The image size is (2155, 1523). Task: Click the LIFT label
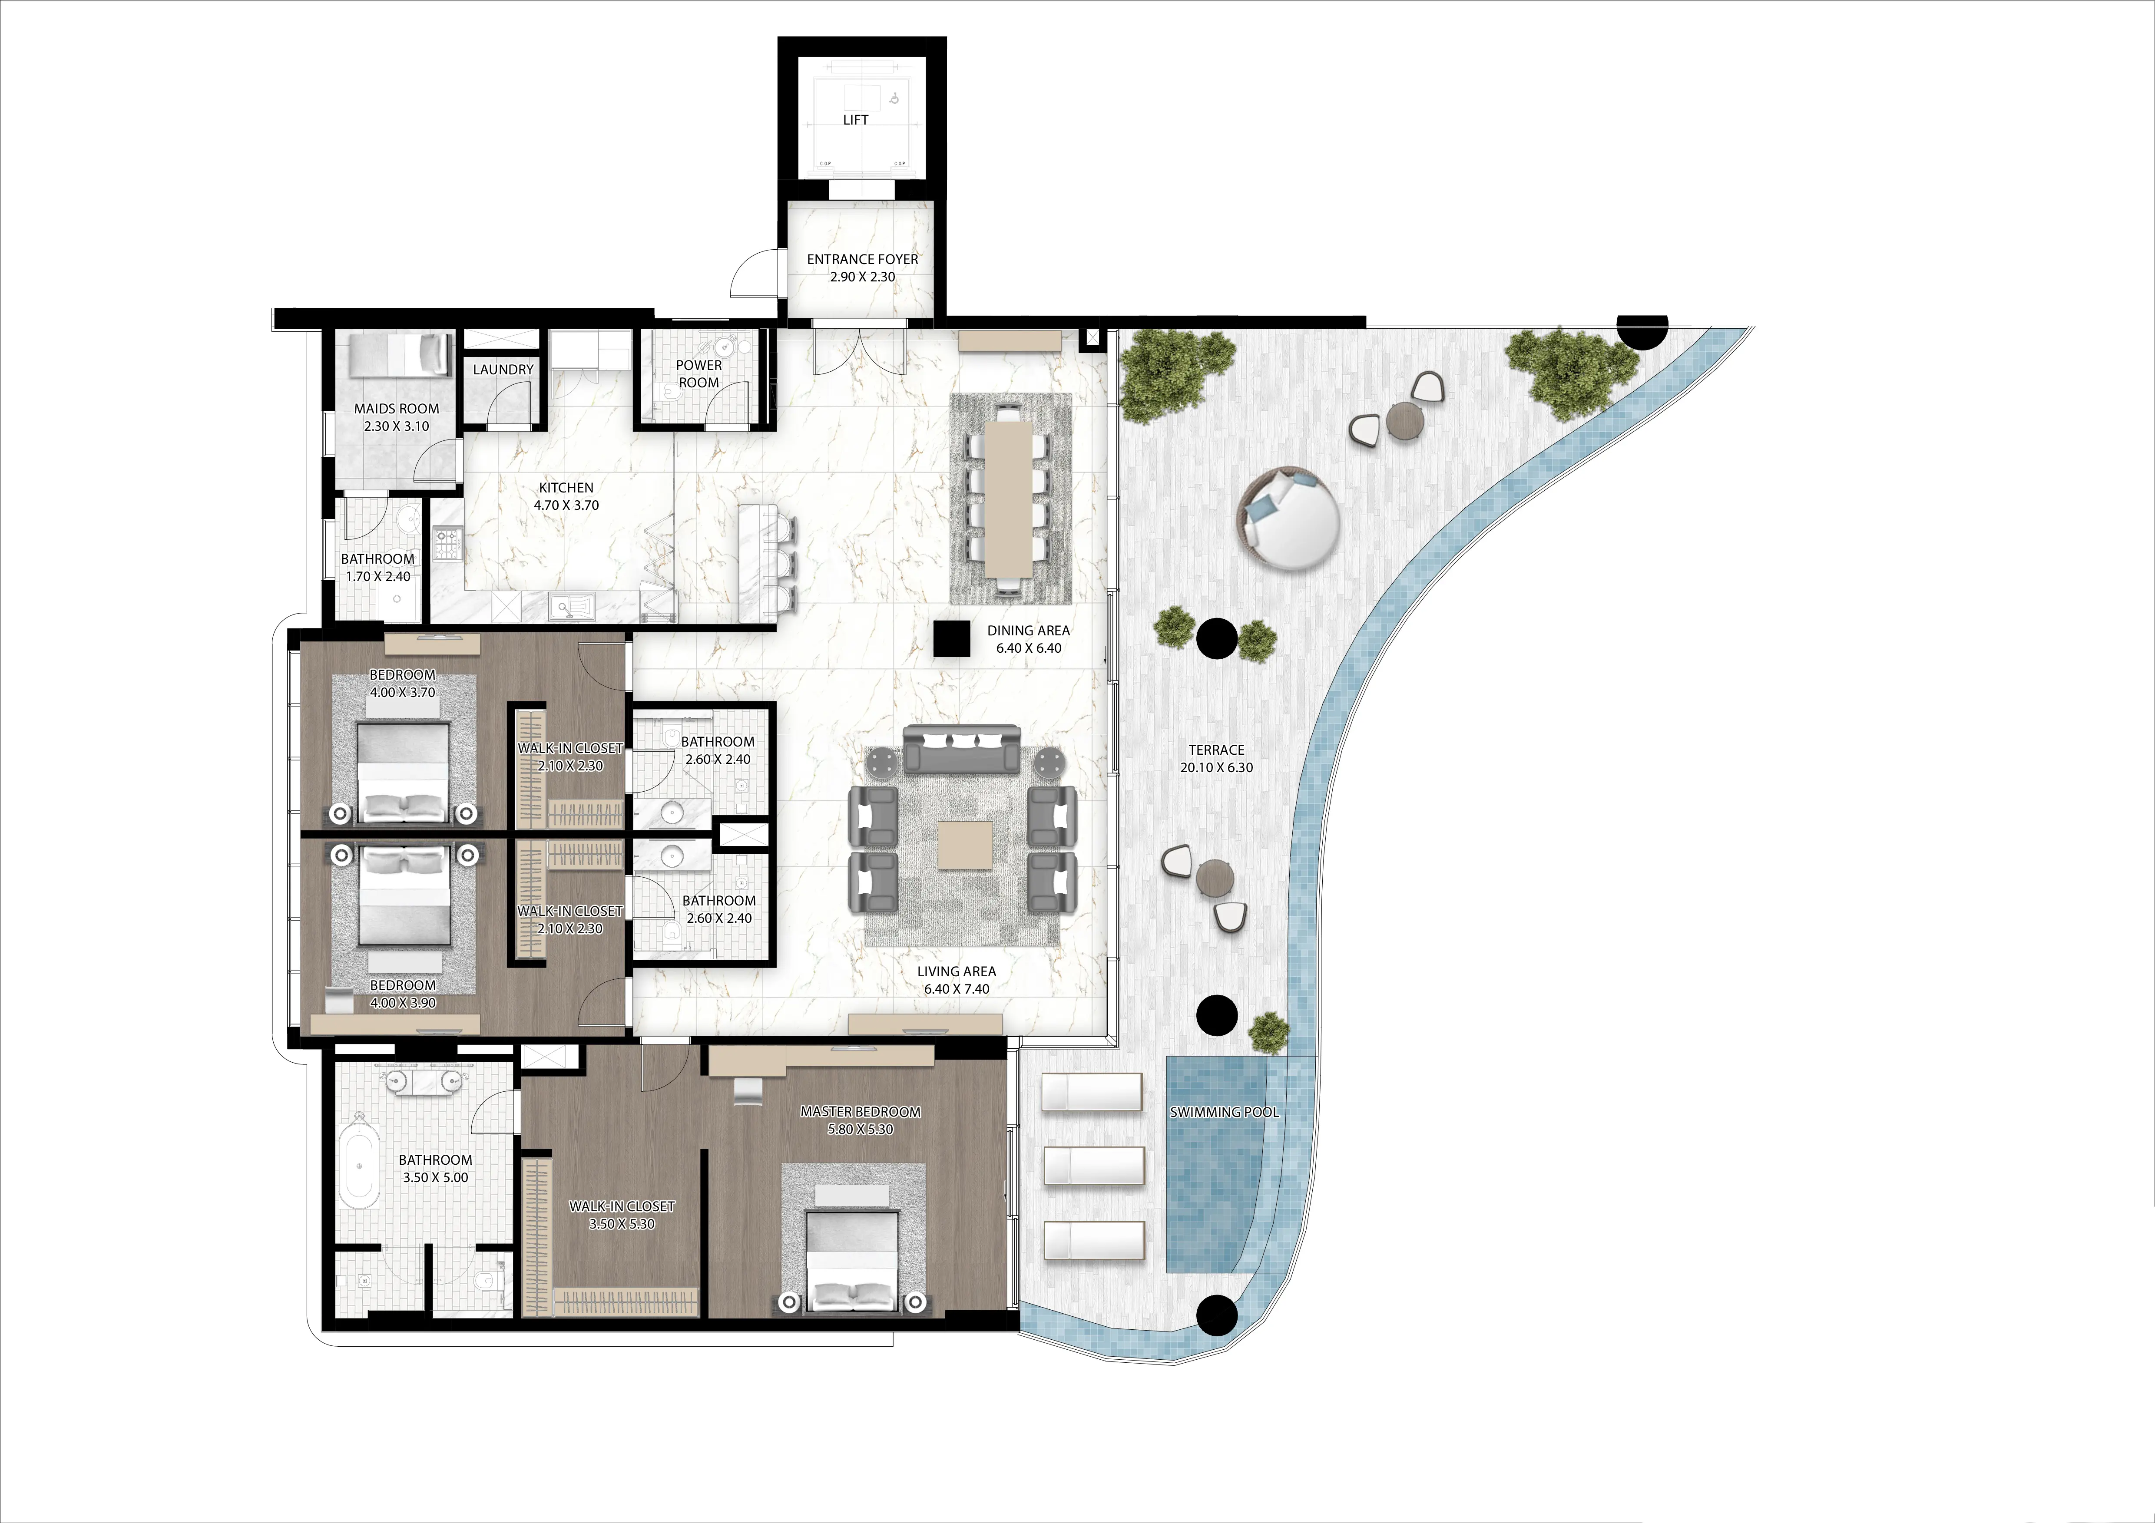tap(855, 120)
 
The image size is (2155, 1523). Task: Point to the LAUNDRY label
tap(503, 370)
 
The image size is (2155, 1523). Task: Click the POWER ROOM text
tap(698, 373)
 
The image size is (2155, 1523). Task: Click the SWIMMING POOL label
tap(1224, 1112)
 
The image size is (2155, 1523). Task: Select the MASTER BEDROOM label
tap(860, 1112)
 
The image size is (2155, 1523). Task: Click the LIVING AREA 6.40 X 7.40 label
tap(957, 980)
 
